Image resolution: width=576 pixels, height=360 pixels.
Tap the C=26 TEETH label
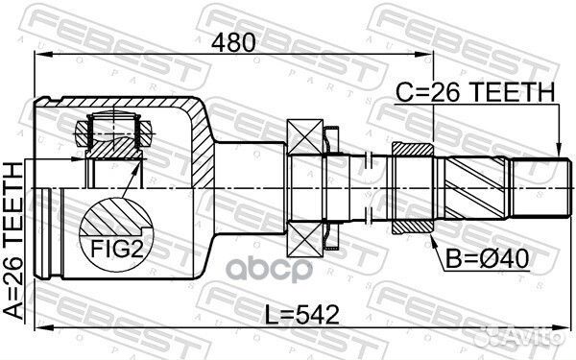pos(476,92)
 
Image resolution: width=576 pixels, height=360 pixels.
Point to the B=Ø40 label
pos(480,257)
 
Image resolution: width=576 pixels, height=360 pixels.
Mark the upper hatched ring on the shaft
pos(413,151)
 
